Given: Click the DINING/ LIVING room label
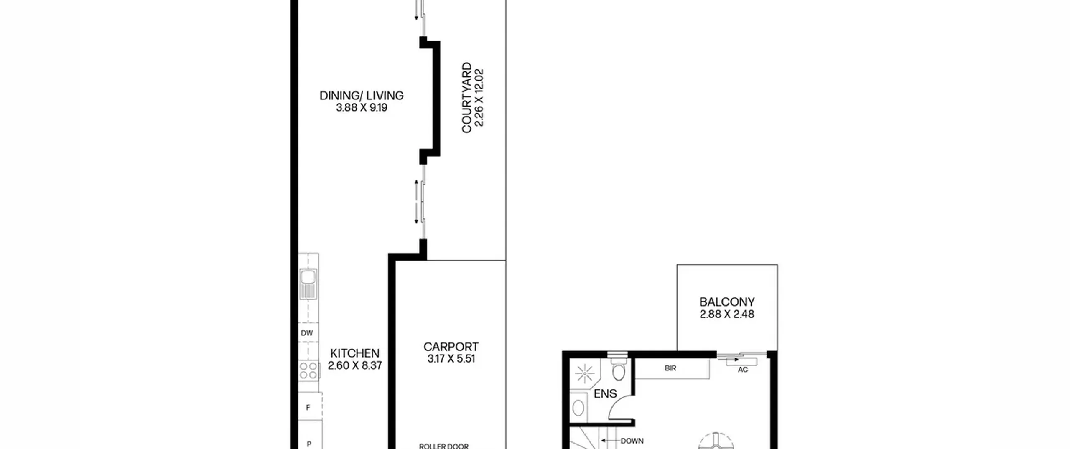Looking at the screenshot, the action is pos(362,96).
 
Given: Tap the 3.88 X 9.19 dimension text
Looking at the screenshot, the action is pos(362,108).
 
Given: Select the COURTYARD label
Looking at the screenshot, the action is pos(466,98).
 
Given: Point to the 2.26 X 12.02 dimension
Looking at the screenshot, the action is pos(479,98).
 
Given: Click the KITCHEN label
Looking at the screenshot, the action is pos(355,353).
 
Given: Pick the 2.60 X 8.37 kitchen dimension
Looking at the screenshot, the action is pos(355,365).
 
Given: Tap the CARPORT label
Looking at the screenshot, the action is pos(451,347).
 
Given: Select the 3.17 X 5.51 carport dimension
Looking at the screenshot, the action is pos(451,359).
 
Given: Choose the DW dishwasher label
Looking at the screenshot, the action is pos(307,333).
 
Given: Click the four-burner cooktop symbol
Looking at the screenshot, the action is pos(308,370).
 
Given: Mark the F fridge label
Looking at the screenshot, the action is pos(308,408).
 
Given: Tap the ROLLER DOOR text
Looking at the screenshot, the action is pos(444,446).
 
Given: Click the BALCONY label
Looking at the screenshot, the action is pos(727,302).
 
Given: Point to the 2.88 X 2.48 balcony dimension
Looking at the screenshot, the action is pos(727,314).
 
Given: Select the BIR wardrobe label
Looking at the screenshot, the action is pos(670,368).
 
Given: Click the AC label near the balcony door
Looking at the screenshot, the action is pos(743,370).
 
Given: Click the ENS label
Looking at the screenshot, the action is pos(605,393).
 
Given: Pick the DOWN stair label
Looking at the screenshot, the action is pos(632,441).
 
